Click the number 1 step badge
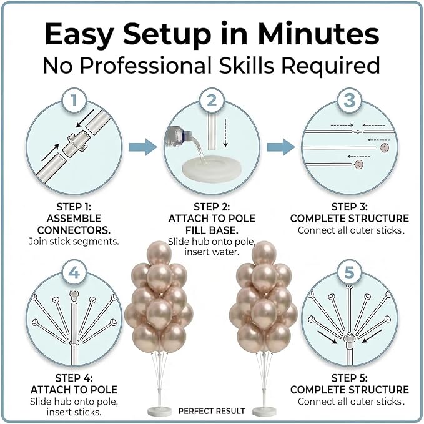(74, 101)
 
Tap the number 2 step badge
(212, 101)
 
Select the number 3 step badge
(350, 101)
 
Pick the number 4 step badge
(74, 272)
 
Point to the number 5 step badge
(350, 272)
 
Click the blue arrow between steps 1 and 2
(143, 147)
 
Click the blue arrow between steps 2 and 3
(280, 147)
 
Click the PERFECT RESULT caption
(212, 411)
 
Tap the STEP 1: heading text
(74, 207)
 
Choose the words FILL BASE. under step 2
(212, 230)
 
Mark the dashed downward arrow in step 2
(225, 133)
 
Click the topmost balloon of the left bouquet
(159, 254)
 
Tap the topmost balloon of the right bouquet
(264, 254)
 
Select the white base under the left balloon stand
(159, 412)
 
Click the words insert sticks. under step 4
(74, 412)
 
